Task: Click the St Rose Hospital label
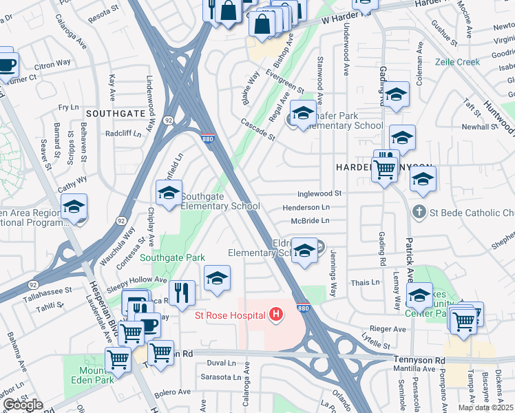(x=231, y=317)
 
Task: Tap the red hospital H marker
(x=277, y=315)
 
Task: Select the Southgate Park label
(x=172, y=258)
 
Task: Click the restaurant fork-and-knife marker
(x=182, y=291)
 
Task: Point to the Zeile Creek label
(x=457, y=62)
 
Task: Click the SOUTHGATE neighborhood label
(x=115, y=112)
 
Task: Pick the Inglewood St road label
(x=319, y=194)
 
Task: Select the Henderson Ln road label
(x=306, y=207)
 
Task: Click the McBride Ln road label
(x=310, y=220)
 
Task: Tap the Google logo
(x=23, y=405)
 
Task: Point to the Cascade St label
(x=258, y=128)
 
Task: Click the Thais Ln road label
(x=366, y=282)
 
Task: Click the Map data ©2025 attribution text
(x=485, y=407)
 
